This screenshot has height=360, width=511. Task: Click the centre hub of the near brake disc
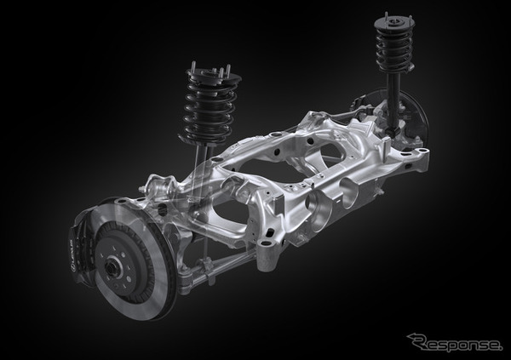click(113, 266)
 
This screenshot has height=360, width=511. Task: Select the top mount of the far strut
click(394, 22)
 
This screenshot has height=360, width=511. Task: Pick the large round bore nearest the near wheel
click(313, 208)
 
